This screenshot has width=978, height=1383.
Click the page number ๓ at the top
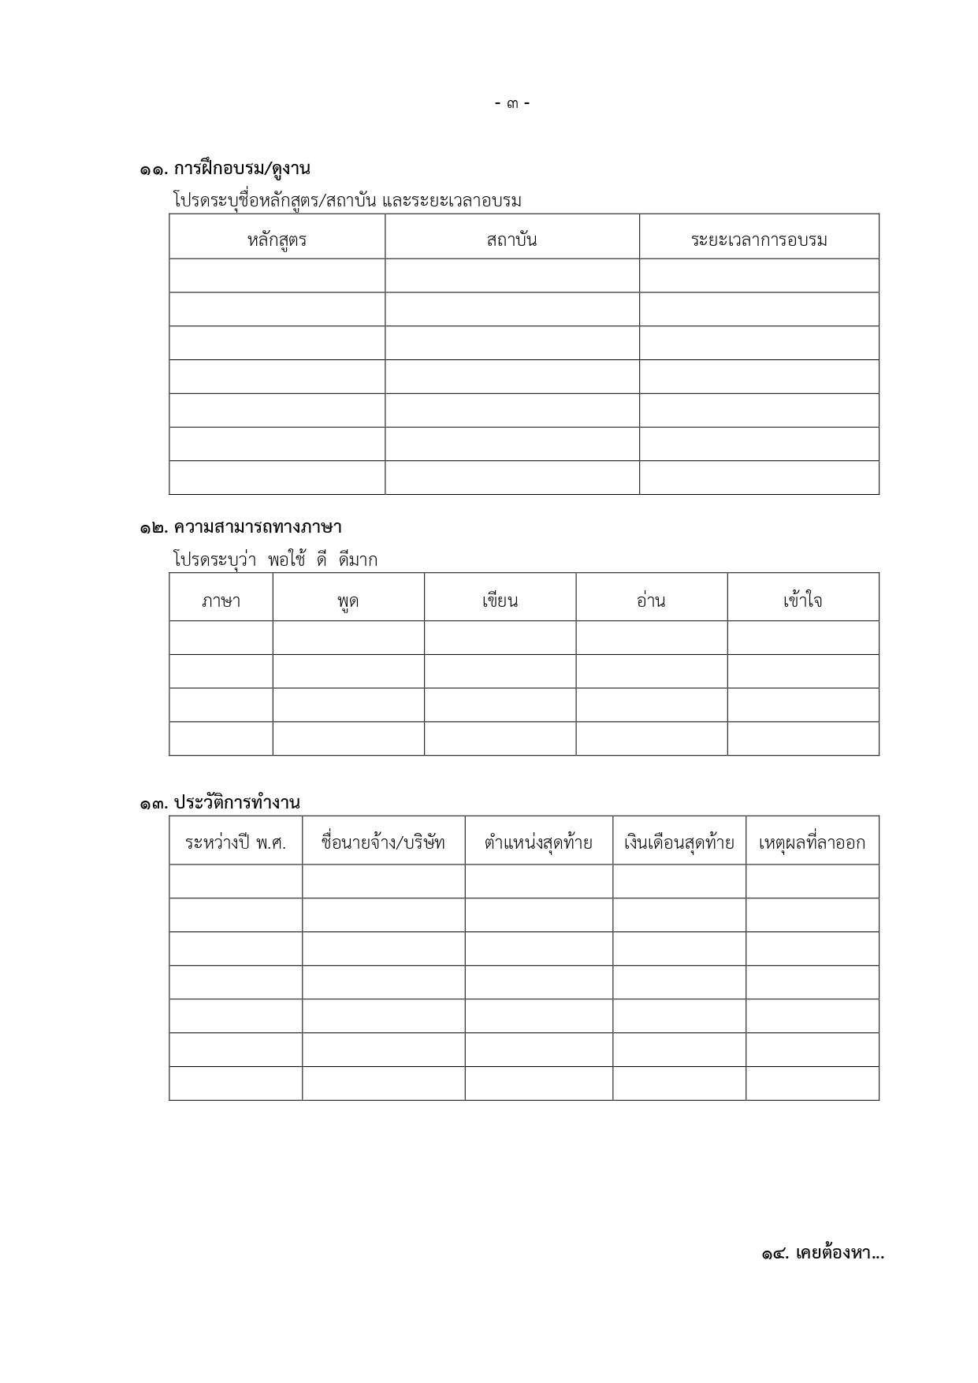coord(512,103)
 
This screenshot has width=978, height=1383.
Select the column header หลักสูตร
coord(277,240)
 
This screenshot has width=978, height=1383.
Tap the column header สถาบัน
coord(511,240)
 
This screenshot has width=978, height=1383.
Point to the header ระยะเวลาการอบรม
coord(759,240)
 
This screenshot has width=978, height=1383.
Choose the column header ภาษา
coord(221,600)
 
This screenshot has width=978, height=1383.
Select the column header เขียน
coord(500,600)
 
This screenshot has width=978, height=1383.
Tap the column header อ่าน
coord(651,600)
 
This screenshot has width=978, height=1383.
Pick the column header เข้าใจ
coord(802,600)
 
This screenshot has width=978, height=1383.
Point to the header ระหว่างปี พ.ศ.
coord(236,842)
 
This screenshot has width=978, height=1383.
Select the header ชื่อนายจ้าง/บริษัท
coord(383,842)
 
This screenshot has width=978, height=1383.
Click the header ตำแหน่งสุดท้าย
coord(538,842)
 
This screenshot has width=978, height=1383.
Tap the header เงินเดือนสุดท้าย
coord(679,842)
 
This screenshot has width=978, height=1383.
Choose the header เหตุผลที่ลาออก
coord(812,842)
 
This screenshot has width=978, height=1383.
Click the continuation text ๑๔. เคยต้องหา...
coord(822,1253)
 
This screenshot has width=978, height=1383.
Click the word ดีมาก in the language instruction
coord(358,560)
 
